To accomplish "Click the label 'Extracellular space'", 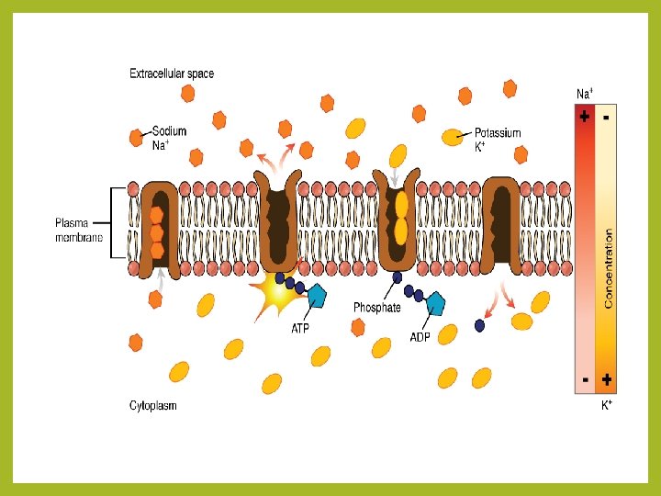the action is pyautogui.click(x=172, y=73).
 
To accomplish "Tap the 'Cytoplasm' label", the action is pyautogui.click(x=153, y=405).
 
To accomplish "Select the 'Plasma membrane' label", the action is pyautogui.click(x=78, y=229).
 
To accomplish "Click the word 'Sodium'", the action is pyautogui.click(x=169, y=131).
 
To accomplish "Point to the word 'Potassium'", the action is pyautogui.click(x=498, y=132).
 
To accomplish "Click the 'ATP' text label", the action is pyautogui.click(x=300, y=327).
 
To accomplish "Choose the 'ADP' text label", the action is pyautogui.click(x=420, y=336).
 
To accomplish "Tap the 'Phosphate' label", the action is pyautogui.click(x=377, y=308).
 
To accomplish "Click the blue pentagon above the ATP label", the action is pyautogui.click(x=317, y=296).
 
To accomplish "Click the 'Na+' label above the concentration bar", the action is pyautogui.click(x=584, y=94).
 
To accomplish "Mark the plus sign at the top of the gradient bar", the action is pyautogui.click(x=584, y=117).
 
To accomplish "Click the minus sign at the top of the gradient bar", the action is pyautogui.click(x=608, y=117).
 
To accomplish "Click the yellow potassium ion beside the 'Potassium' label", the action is pyautogui.click(x=453, y=137).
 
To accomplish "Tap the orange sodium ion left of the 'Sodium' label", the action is pyautogui.click(x=136, y=139).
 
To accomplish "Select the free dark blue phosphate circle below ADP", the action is pyautogui.click(x=479, y=325).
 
